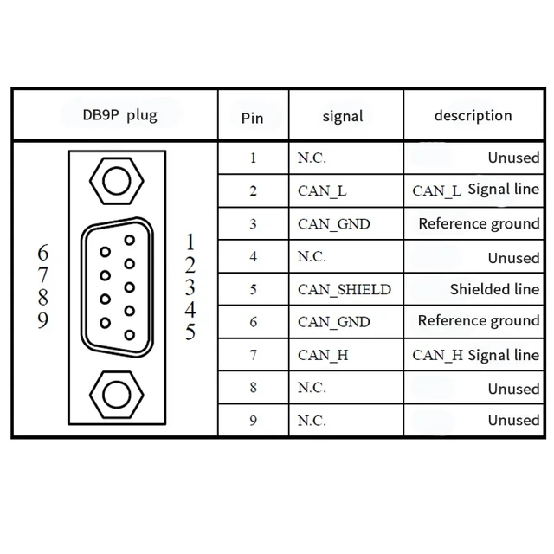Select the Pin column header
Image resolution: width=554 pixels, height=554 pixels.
coord(252,118)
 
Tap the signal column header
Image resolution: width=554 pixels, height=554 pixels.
coord(342,116)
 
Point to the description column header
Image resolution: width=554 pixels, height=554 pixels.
coord(473,115)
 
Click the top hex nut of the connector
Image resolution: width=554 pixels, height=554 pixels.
coord(113,181)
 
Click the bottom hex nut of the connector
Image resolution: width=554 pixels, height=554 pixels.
coord(113,395)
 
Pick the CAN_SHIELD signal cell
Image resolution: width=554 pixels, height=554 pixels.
coord(344,289)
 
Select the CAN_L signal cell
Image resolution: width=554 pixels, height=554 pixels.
coord(324,190)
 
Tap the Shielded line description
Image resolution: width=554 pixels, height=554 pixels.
coord(494,289)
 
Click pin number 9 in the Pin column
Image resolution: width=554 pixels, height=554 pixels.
coord(253,421)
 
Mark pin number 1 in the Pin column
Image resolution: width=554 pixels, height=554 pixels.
coord(253,158)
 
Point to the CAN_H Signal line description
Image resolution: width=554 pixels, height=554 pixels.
coord(475,355)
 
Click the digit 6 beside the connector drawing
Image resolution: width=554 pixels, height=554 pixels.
coord(44,253)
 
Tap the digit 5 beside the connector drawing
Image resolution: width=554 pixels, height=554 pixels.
coord(190,332)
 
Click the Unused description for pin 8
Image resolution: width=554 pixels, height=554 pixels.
coord(513,389)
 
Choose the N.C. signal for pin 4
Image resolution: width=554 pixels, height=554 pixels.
coord(312,256)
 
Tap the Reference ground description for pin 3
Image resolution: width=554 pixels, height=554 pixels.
coord(479,223)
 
